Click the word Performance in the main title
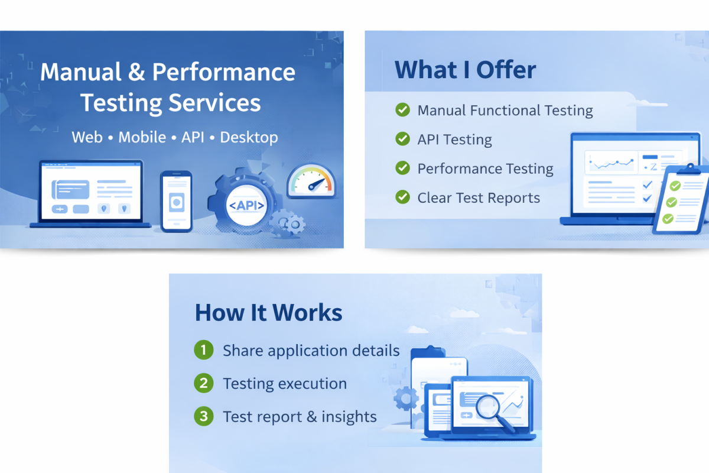(x=223, y=72)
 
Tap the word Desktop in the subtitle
(x=249, y=138)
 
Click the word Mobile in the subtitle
(x=142, y=137)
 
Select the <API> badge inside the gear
(x=246, y=206)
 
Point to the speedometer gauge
(x=311, y=181)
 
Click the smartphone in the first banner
(x=176, y=202)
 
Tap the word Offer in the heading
(x=506, y=70)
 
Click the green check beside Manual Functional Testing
(x=402, y=109)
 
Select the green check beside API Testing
(x=402, y=139)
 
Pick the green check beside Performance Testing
(x=402, y=168)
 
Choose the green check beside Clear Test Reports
(x=402, y=197)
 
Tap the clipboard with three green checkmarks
(x=681, y=200)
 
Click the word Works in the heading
(x=307, y=313)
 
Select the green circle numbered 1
(x=203, y=350)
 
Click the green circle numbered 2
(x=203, y=383)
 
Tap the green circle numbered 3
(x=203, y=416)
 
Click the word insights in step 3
(x=349, y=417)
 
